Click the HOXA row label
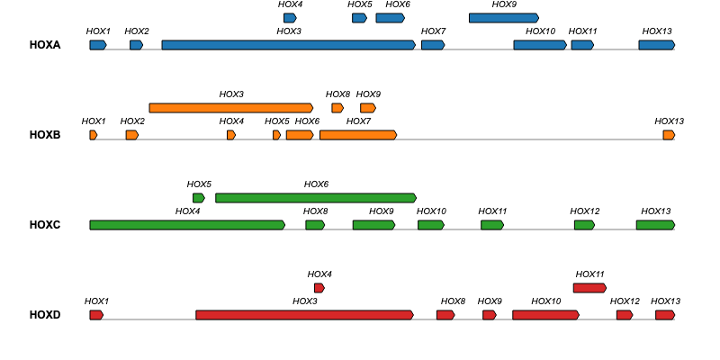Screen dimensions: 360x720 (x=44, y=45)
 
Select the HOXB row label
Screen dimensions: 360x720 (x=44, y=135)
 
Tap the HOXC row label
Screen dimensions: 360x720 (x=44, y=225)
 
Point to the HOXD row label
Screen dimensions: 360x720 (x=44, y=315)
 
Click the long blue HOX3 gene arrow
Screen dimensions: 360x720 (x=288, y=45)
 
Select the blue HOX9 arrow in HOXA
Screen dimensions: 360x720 (x=503, y=18)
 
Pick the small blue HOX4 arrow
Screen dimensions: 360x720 (x=290, y=18)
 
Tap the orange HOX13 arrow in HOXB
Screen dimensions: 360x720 (x=669, y=135)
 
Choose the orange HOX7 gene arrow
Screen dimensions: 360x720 (x=357, y=135)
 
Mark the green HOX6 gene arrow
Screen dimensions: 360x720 (x=316, y=198)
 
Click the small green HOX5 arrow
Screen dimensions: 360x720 (x=199, y=198)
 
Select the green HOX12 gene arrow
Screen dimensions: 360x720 (x=584, y=225)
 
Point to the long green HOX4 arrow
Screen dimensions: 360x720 (x=187, y=225)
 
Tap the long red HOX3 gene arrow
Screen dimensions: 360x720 (x=304, y=315)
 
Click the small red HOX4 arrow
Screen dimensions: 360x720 (x=319, y=288)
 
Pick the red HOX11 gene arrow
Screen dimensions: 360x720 (x=589, y=288)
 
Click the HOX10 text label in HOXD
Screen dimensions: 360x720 (x=545, y=301)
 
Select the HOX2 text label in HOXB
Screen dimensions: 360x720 (x=132, y=121)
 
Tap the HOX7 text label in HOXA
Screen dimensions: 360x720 (x=433, y=31)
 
